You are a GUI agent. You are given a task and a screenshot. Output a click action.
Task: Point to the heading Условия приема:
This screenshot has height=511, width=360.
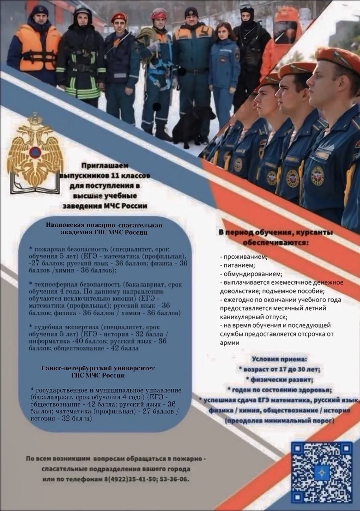(279, 359)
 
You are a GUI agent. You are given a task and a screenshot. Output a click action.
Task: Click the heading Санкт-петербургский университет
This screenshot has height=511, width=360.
(98, 369)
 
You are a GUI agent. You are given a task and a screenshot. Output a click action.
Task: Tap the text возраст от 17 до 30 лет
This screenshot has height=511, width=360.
(281, 369)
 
